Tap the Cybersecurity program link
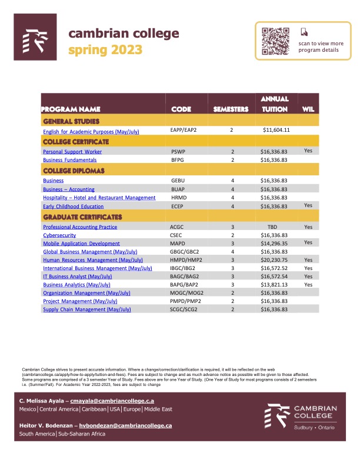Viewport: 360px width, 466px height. tap(59, 235)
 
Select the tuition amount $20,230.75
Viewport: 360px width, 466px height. tap(274, 259)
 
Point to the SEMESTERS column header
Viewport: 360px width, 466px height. tap(231, 109)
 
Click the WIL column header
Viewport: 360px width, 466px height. tap(308, 109)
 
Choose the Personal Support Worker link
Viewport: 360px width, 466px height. tap(72, 151)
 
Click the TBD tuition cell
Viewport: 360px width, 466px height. tap(272, 227)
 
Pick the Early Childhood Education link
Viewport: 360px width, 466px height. tap(74, 207)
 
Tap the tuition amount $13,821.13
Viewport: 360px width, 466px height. tap(274, 284)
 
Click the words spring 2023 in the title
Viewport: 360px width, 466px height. tap(106, 49)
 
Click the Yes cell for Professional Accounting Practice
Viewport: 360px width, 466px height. tap(308, 227)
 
